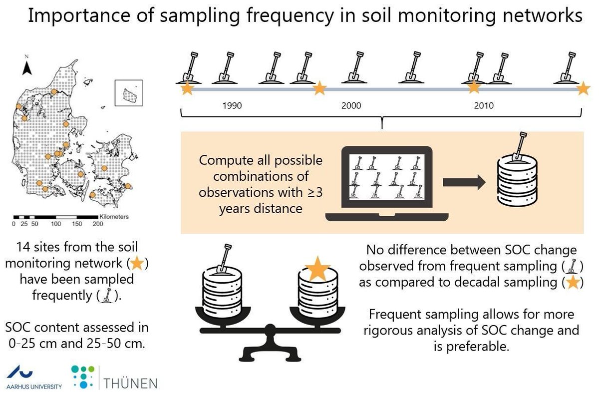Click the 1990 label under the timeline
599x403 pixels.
tap(232, 106)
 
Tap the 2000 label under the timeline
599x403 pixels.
tap(351, 106)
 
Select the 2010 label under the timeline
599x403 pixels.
tap(484, 106)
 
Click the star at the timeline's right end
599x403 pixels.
tap(583, 89)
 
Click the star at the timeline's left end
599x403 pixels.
tap(187, 89)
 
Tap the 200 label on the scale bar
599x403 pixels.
tap(97, 224)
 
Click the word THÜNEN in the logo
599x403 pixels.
tap(131, 383)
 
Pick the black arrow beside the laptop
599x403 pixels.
tap(464, 183)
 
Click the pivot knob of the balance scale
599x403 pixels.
tap(271, 329)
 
